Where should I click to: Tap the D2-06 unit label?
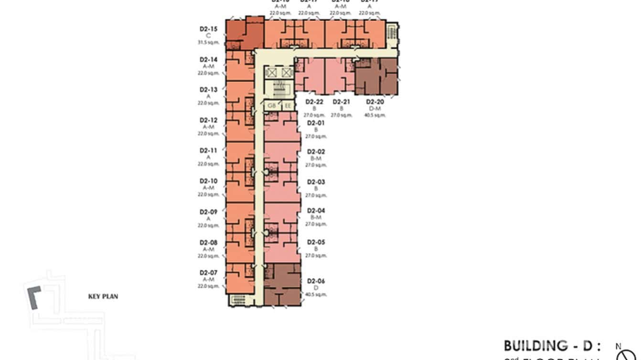[316, 281]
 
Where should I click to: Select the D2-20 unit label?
[375, 102]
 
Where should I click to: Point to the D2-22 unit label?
[314, 102]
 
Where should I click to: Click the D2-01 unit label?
[316, 123]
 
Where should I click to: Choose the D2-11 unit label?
[208, 151]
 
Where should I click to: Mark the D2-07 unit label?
[208, 273]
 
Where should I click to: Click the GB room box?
[272, 106]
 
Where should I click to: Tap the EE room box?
[288, 106]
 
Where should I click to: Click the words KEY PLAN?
[103, 296]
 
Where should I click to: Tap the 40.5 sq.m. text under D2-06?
[316, 295]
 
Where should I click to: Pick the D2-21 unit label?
[341, 102]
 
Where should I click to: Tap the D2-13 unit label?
[208, 90]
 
